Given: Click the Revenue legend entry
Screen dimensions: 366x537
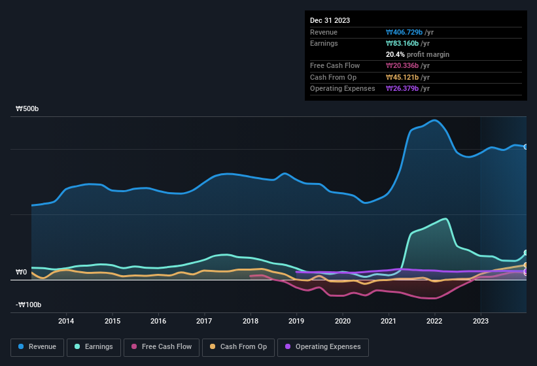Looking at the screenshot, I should [38, 347].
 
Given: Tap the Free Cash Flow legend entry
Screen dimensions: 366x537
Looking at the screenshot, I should [162, 347].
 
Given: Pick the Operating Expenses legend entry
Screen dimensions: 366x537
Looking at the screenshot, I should [322, 347].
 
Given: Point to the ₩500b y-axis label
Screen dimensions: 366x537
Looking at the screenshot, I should [27, 109].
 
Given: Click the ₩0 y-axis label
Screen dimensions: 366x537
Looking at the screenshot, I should [22, 272].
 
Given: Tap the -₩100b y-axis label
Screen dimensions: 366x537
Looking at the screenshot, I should [29, 305].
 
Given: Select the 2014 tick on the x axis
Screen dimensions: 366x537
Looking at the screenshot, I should [66, 321].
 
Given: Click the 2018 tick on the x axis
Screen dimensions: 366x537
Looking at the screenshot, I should [251, 321].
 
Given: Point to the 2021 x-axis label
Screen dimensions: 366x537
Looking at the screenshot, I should [389, 321].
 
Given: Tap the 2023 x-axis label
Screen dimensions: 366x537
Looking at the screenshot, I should [481, 321].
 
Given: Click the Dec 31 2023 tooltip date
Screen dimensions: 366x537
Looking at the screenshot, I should [330, 20].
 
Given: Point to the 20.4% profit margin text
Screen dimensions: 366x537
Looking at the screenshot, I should [417, 54].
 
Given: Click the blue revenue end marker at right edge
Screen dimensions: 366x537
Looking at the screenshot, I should [526, 147].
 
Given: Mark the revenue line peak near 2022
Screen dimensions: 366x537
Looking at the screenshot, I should [433, 120].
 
